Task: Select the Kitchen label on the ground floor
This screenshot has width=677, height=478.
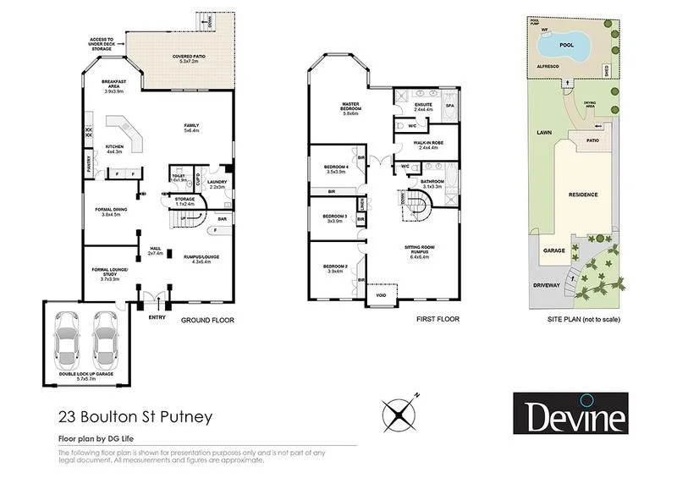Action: [113, 149]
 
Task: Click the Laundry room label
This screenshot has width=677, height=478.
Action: [217, 184]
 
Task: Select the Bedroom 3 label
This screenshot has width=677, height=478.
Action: [333, 218]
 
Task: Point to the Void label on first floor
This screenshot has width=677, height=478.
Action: [381, 295]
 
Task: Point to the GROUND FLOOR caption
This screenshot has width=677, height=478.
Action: [207, 321]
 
